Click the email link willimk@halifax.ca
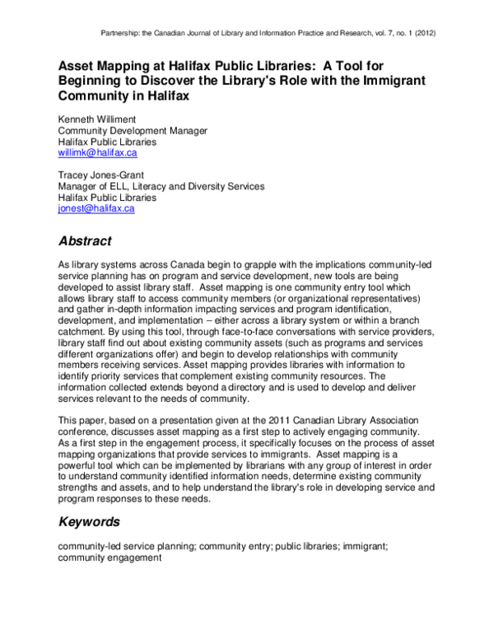coord(96,153)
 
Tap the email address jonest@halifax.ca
coord(96,209)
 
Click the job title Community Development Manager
coord(133,131)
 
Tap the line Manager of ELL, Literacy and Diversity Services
coord(161,187)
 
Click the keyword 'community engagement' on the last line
coord(110,557)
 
